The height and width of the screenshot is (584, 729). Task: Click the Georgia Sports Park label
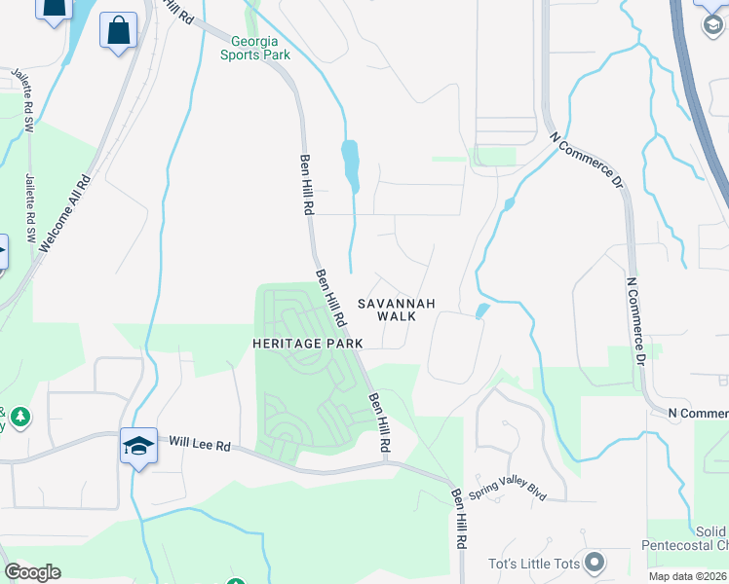pos(255,48)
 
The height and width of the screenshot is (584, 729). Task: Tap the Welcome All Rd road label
pos(64,214)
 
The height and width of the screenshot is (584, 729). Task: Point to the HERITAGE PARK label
pos(307,344)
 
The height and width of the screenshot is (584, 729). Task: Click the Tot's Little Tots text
pos(534,564)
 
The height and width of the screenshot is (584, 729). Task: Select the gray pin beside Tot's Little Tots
pos(595,563)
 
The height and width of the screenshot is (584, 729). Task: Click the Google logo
pos(32,572)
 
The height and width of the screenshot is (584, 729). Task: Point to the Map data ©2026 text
pos(688,576)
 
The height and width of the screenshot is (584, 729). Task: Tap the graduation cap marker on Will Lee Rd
pos(138,447)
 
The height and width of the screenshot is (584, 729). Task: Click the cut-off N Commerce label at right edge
pos(698,414)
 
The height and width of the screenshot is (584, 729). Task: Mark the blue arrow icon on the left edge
pos(3,253)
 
